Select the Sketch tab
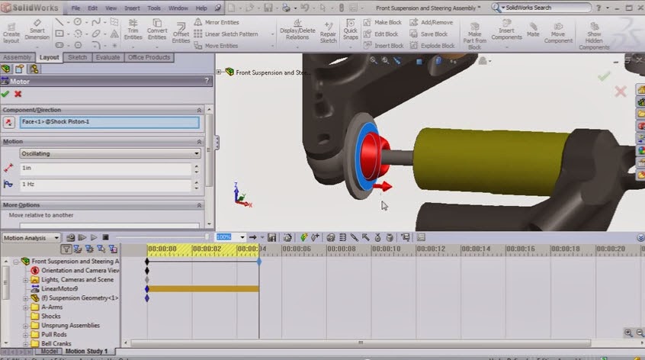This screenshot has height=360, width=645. click(x=77, y=57)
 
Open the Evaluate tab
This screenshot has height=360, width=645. click(x=107, y=57)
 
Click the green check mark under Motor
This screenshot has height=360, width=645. click(x=5, y=94)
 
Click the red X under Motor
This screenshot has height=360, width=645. click(x=18, y=94)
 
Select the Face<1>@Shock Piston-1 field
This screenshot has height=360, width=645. click(x=109, y=122)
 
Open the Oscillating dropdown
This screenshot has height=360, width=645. click(x=111, y=153)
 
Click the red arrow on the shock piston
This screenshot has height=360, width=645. click(x=384, y=185)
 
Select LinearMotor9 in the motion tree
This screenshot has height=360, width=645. click(x=59, y=289)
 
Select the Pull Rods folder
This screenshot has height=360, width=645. click(x=56, y=335)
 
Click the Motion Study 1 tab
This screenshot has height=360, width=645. click(x=85, y=352)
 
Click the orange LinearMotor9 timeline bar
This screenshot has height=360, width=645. click(x=203, y=289)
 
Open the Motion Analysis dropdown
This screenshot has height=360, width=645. click(x=31, y=238)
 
